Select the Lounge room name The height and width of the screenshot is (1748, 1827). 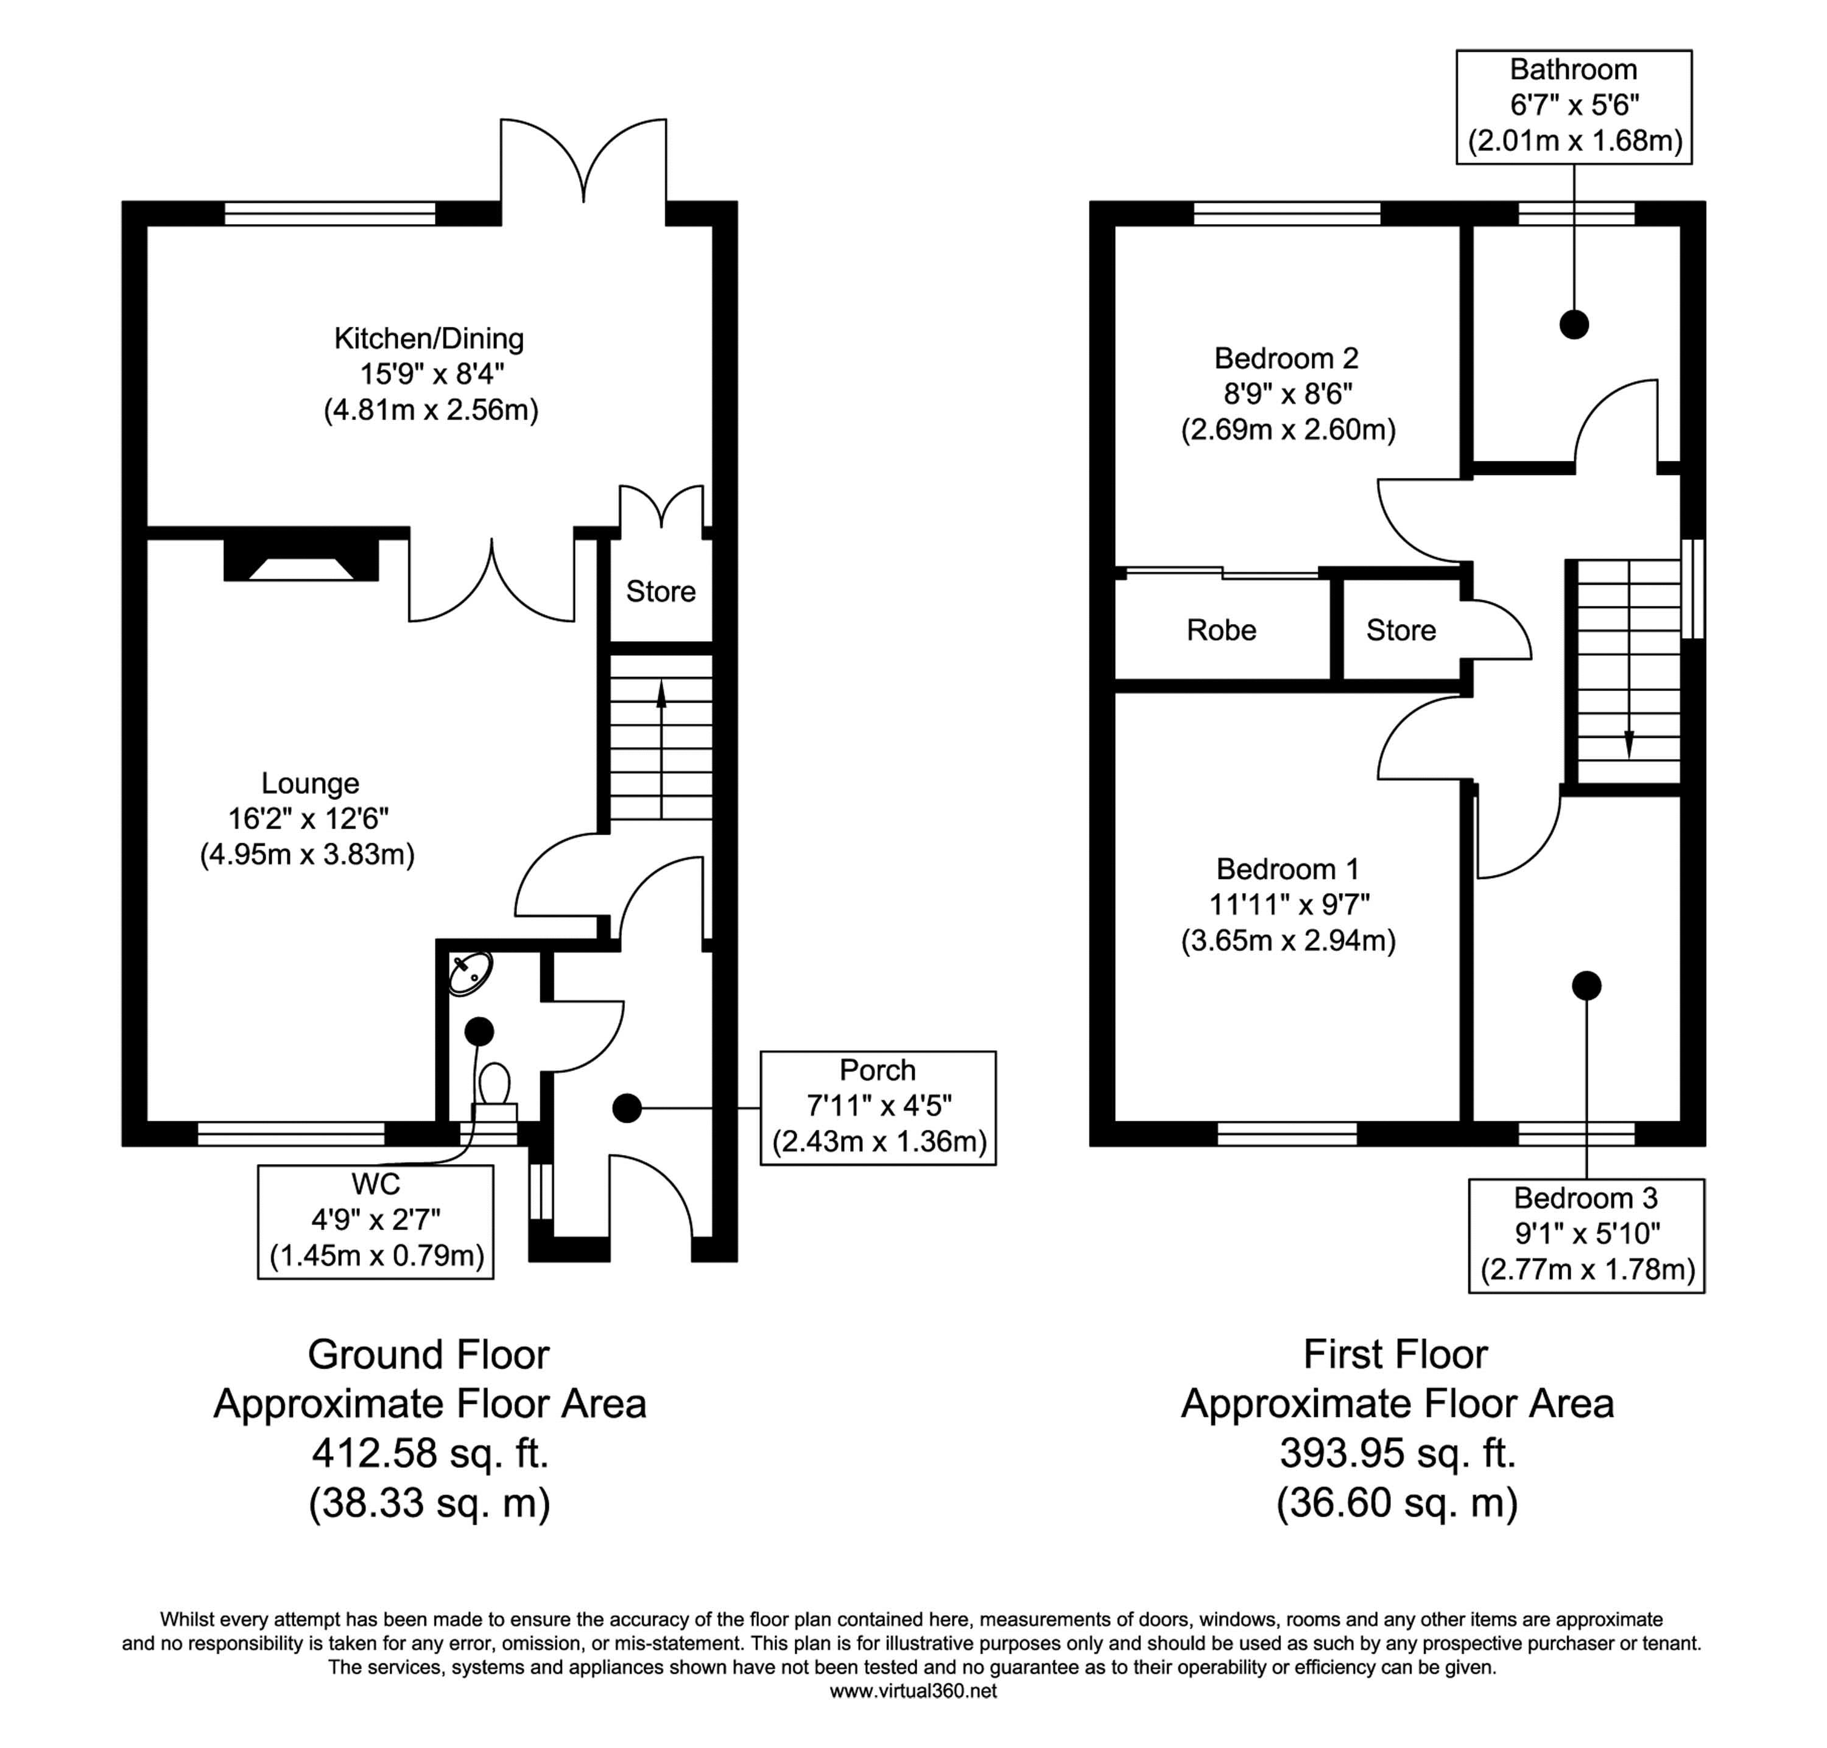click(x=309, y=783)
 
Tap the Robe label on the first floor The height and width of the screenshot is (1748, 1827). click(x=1221, y=630)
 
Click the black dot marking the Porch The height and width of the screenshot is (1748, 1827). click(x=627, y=1108)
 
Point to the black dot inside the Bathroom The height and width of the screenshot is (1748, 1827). click(x=1574, y=325)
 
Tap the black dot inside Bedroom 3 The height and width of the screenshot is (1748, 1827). click(x=1586, y=985)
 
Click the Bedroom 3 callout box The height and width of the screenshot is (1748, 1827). click(x=1586, y=1235)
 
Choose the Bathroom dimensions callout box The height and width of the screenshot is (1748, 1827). click(x=1574, y=106)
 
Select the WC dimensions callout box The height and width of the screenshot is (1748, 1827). click(x=376, y=1221)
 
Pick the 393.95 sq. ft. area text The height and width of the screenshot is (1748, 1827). click(x=1396, y=1453)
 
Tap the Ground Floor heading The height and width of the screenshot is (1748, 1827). click(x=429, y=1354)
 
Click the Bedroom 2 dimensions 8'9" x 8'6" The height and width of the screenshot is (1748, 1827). click(x=1287, y=394)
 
